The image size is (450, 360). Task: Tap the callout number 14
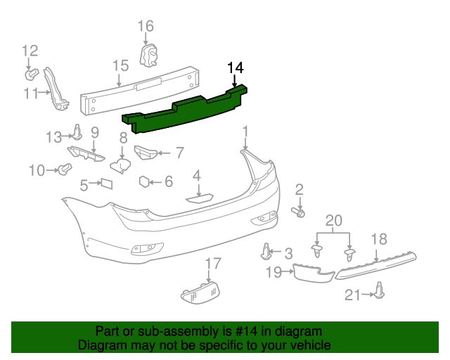coord(235,68)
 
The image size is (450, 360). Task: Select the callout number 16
coord(145,27)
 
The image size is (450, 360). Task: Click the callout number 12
coord(29,51)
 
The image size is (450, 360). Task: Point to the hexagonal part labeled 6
coord(144,181)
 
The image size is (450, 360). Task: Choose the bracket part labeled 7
coord(145,152)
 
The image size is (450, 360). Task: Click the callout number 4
coord(197,176)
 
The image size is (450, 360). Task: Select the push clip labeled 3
coord(266,250)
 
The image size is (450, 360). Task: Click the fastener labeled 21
coord(380,291)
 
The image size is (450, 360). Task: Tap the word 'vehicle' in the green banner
coord(307,346)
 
